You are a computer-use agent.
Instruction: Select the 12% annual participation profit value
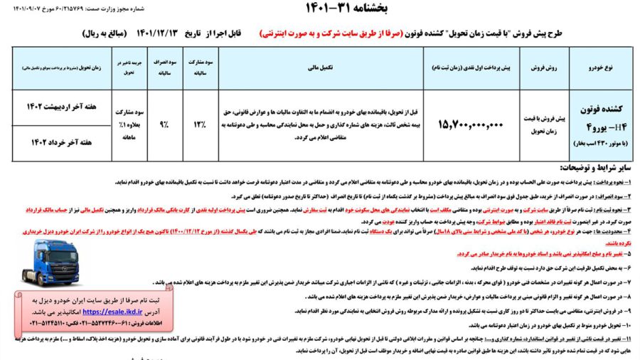(200, 125)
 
